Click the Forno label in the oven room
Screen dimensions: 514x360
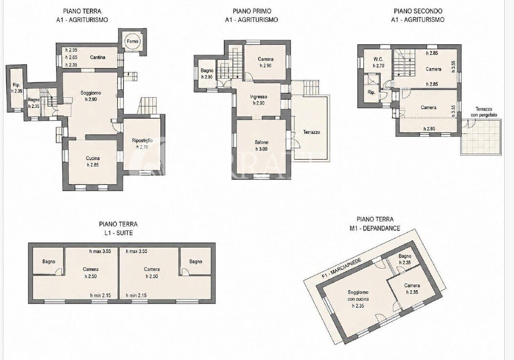[133, 42]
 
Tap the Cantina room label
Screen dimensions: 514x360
[98, 57]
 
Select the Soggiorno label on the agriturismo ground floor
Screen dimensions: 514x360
[91, 93]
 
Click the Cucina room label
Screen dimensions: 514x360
[93, 158]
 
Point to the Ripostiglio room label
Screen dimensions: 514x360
[142, 141]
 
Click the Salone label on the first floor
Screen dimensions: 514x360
[261, 142]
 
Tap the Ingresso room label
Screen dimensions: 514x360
[258, 97]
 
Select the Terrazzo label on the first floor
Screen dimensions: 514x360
[311, 132]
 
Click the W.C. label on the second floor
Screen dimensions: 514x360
[378, 59]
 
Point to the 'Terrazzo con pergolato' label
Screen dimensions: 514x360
[486, 112]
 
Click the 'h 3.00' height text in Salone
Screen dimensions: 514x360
[261, 149]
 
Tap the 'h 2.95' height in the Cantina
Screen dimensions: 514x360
[71, 50]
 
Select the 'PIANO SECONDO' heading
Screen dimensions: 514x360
[418, 11]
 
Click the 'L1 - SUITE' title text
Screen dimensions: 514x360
[118, 233]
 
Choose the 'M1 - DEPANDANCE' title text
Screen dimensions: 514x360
[378, 228]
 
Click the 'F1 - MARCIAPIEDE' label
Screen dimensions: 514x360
[341, 268]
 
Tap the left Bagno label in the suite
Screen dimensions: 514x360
[49, 262]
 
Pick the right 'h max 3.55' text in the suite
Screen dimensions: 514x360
[136, 252]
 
